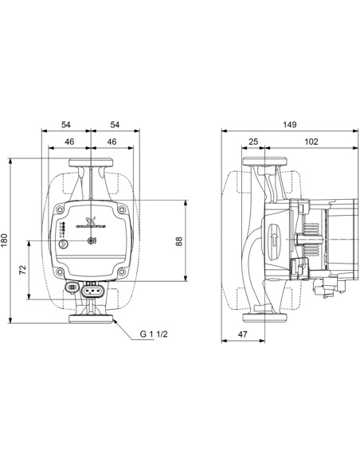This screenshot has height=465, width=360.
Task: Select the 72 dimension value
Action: click(23, 271)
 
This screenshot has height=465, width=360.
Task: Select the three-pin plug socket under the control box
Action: click(93, 290)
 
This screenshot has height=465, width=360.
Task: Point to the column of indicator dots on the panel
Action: click(62, 230)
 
